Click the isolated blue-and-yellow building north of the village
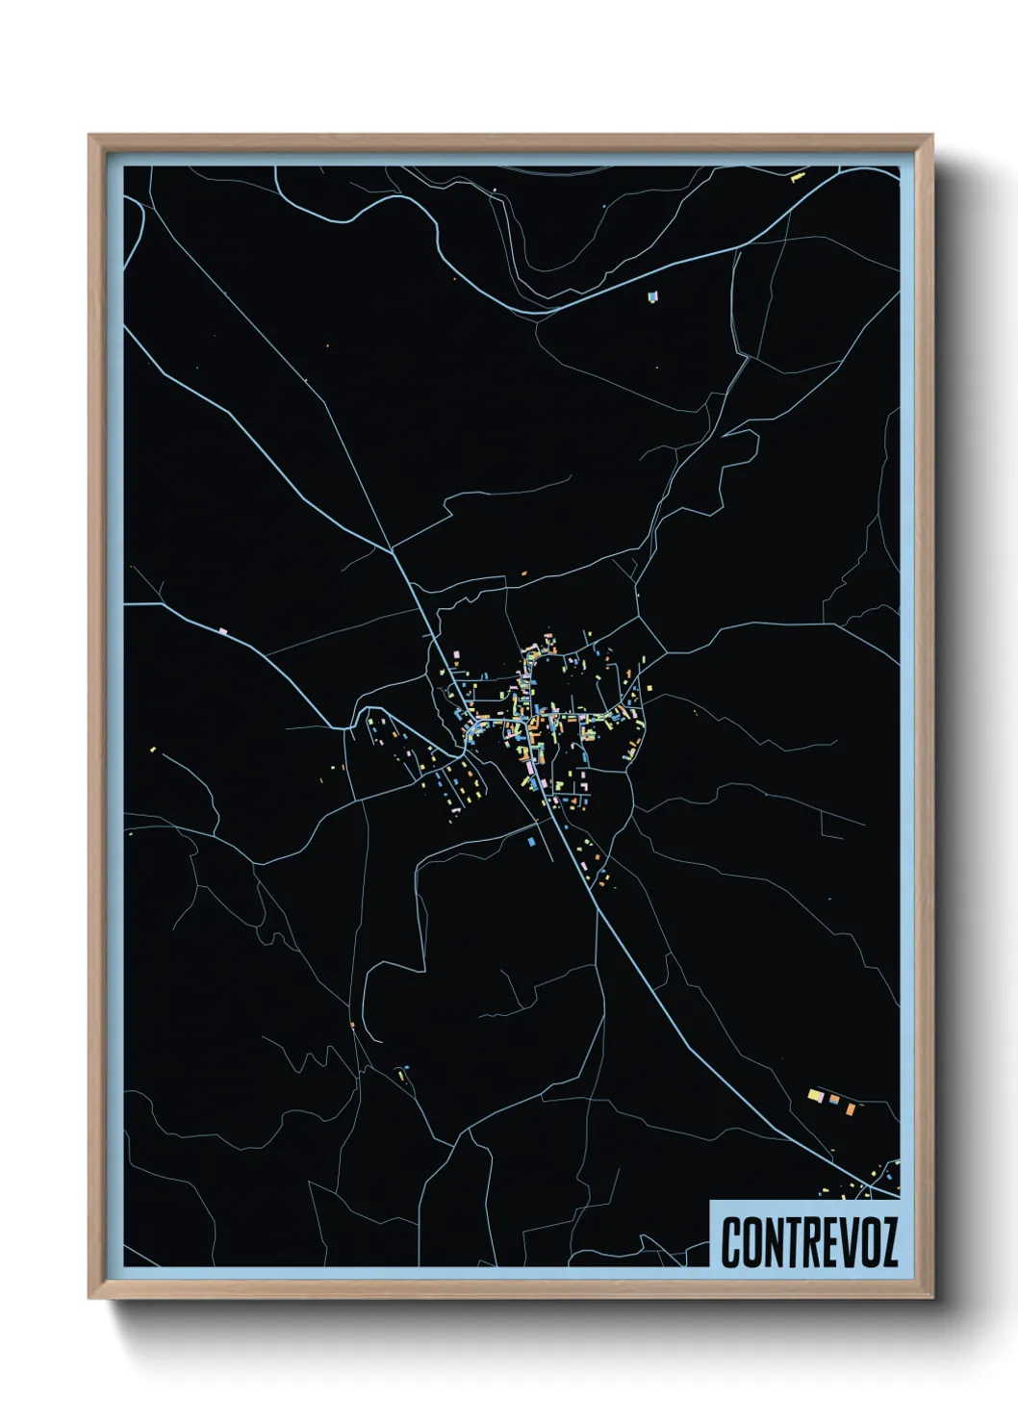(x=655, y=295)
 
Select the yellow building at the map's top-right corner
(x=797, y=177)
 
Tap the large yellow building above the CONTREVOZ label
(x=815, y=1095)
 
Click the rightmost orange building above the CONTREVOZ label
(x=851, y=1108)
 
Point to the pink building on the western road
(x=223, y=631)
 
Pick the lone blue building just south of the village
(x=530, y=841)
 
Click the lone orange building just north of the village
(x=524, y=574)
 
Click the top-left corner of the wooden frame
(x=90, y=136)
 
